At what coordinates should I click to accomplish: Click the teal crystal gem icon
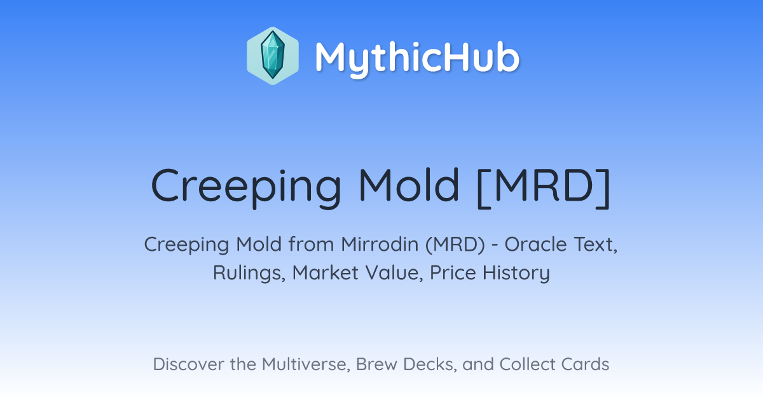273,55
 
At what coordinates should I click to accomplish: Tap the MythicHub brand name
417,58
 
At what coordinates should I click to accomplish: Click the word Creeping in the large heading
246,187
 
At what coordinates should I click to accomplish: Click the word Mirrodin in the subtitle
380,244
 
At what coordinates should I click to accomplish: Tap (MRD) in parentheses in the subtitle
455,245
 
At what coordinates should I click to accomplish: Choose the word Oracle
536,244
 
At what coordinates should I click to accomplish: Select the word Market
326,272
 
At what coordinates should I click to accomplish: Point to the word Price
453,272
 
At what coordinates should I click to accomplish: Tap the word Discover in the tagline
189,364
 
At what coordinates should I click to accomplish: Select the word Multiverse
306,364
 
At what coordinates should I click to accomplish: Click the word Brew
376,364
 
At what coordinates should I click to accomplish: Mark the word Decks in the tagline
430,364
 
